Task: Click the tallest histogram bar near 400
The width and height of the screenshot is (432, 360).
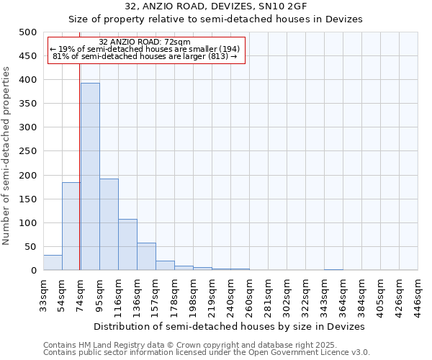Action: pyautogui.click(x=90, y=176)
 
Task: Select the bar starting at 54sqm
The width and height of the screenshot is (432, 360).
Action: pyautogui.click(x=71, y=226)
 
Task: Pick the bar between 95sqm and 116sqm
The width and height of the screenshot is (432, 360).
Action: pyautogui.click(x=109, y=224)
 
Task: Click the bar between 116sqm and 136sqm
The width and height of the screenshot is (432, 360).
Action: pyautogui.click(x=127, y=244)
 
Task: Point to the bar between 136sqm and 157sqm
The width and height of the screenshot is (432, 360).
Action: pyautogui.click(x=146, y=256)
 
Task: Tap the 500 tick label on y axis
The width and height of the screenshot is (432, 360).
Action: pyautogui.click(x=27, y=32)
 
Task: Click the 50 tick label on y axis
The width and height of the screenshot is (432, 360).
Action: pyautogui.click(x=30, y=247)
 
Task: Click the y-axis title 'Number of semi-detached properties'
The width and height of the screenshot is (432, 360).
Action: pyautogui.click(x=7, y=155)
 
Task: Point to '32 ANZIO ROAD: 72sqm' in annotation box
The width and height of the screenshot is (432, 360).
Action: pyautogui.click(x=144, y=42)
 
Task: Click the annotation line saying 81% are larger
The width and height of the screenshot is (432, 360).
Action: pyautogui.click(x=145, y=56)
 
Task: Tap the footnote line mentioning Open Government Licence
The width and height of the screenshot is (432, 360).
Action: pyautogui.click(x=207, y=353)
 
